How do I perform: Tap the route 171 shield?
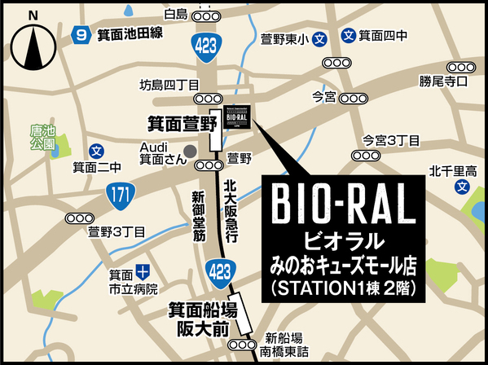[119, 194]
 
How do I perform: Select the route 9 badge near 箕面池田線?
[80, 35]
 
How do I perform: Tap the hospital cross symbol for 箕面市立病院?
[143, 270]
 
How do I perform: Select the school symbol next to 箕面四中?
[348, 36]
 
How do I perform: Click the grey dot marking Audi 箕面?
[189, 151]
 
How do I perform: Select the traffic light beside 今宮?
[354, 98]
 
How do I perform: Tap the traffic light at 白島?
[208, 15]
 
